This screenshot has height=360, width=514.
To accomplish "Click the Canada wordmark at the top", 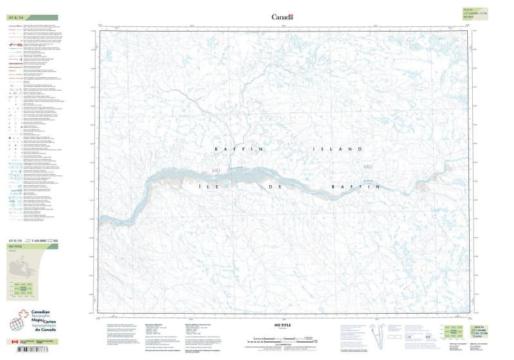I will pyautogui.click(x=282, y=17).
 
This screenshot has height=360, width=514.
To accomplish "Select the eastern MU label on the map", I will pyautogui.click(x=368, y=168).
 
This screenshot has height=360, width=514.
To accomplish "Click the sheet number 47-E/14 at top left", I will pyautogui.click(x=17, y=17).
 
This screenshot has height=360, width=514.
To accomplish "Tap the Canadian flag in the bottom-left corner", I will pyautogui.click(x=14, y=342).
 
